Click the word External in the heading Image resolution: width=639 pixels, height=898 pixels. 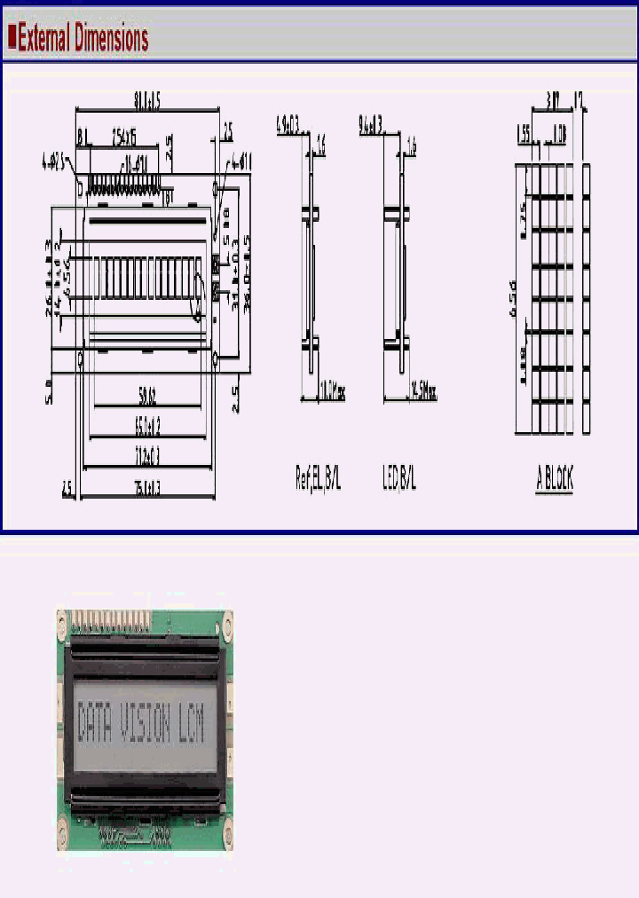[45, 38]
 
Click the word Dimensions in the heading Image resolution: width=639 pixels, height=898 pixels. [111, 38]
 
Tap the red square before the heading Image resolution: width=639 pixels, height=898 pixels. [12, 37]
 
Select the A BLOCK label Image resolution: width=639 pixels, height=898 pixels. [555, 480]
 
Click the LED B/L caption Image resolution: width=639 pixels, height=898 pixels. [398, 480]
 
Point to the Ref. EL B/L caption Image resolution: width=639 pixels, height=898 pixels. [318, 480]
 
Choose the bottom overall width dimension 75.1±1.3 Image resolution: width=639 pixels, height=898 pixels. [147, 487]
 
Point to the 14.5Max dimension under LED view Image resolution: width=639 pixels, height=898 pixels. [422, 391]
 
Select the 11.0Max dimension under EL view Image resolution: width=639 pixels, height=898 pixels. [331, 391]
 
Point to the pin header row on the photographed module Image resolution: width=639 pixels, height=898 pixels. [109, 616]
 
